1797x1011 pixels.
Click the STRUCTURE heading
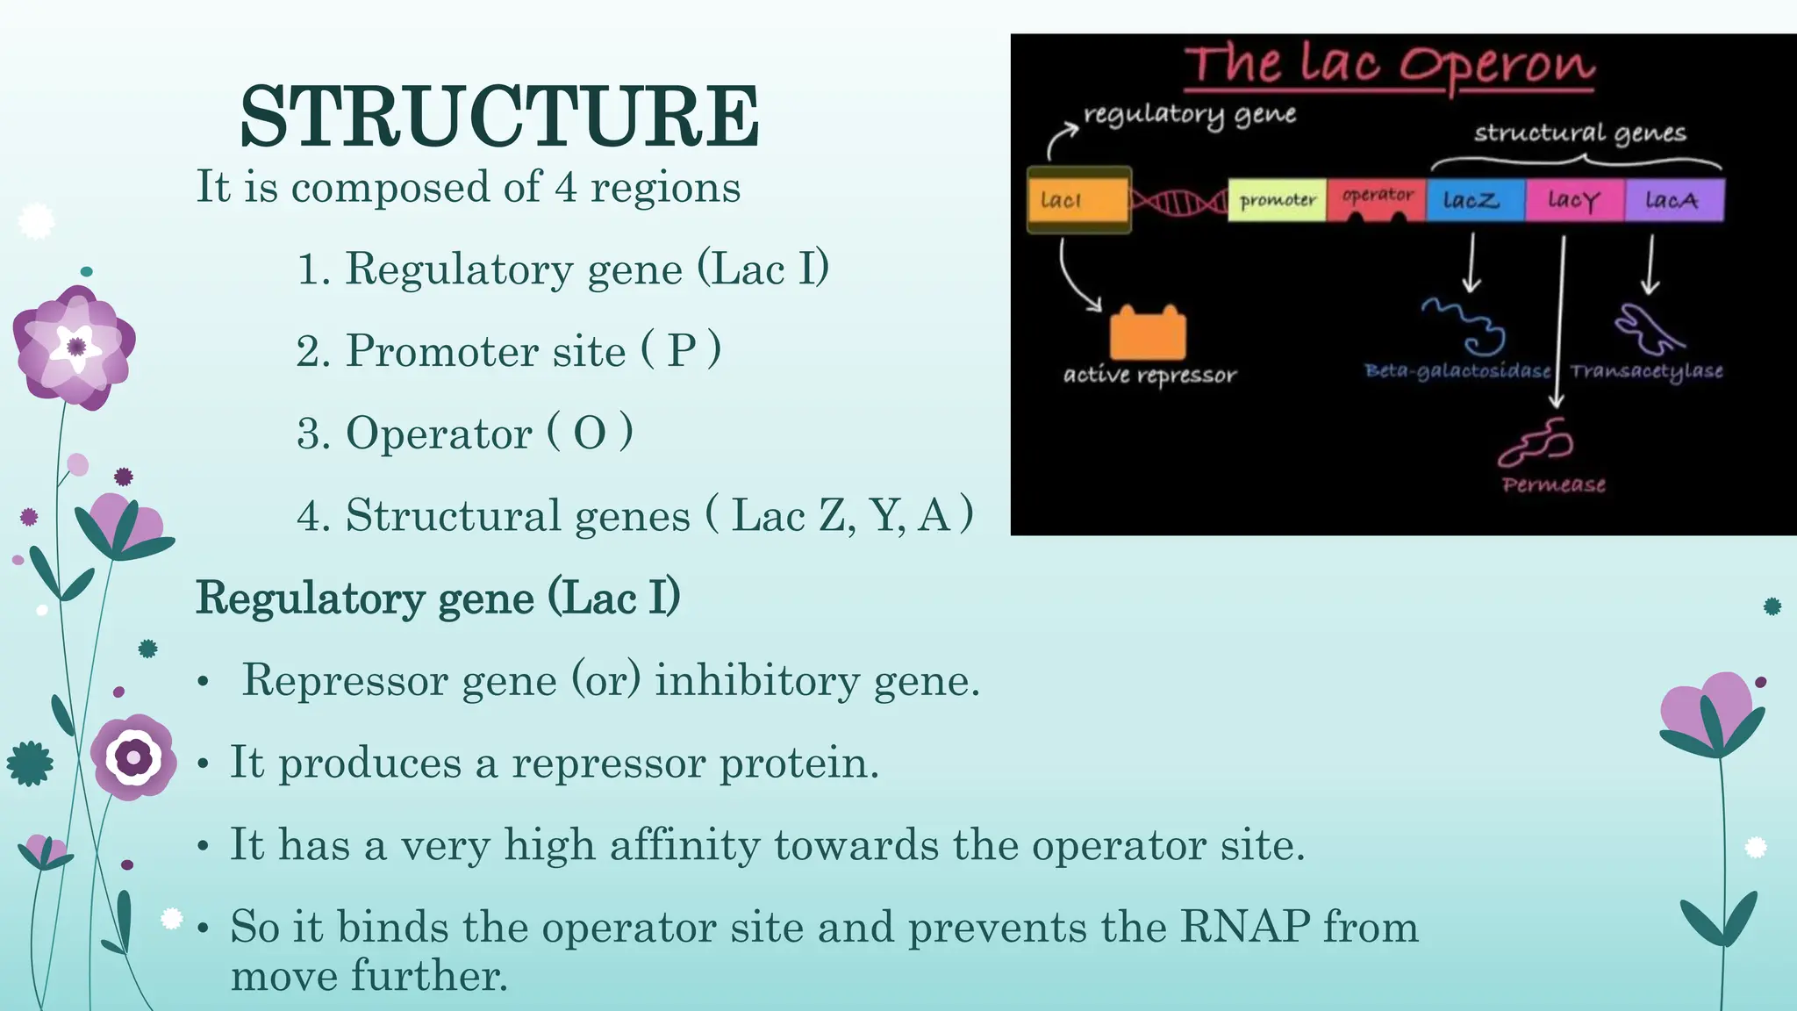point(499,116)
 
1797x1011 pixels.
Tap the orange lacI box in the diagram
point(1078,200)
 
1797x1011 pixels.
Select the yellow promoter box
point(1277,200)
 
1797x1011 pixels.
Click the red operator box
point(1377,198)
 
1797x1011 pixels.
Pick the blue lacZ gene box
point(1475,200)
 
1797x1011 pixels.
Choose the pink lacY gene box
point(1574,200)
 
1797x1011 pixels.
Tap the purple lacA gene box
point(1673,200)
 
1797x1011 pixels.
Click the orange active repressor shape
point(1148,333)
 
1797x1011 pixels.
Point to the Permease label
point(1553,484)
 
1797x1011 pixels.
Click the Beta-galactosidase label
point(1457,371)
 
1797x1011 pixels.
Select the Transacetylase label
point(1647,371)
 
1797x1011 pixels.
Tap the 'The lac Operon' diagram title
point(1389,65)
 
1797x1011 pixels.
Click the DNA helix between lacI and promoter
point(1178,202)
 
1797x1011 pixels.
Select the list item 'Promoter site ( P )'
point(509,351)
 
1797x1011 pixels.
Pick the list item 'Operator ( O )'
point(465,433)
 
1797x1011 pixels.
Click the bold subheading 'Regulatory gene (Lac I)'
point(438,599)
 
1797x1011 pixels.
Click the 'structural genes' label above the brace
point(1579,133)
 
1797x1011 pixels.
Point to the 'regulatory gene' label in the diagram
point(1189,114)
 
